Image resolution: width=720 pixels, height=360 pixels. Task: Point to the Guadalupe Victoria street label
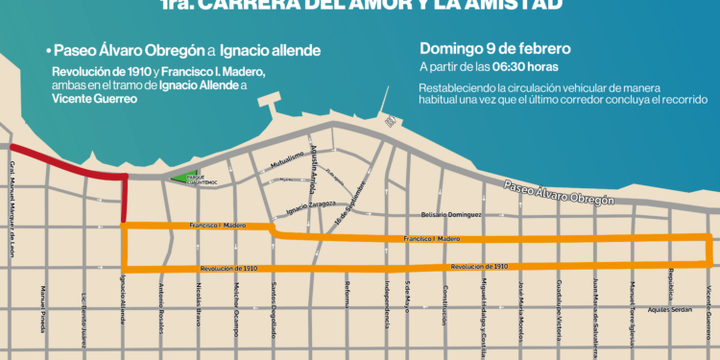[559, 307]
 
